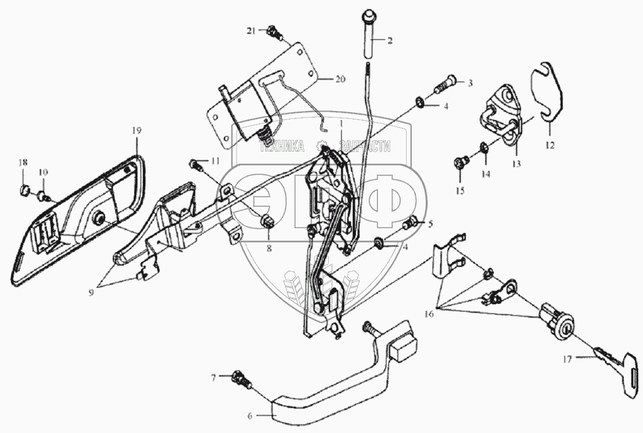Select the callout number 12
[549, 145]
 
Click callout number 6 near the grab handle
[250, 416]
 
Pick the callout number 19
[136, 131]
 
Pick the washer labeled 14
[483, 147]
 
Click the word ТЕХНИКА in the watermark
[283, 147]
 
